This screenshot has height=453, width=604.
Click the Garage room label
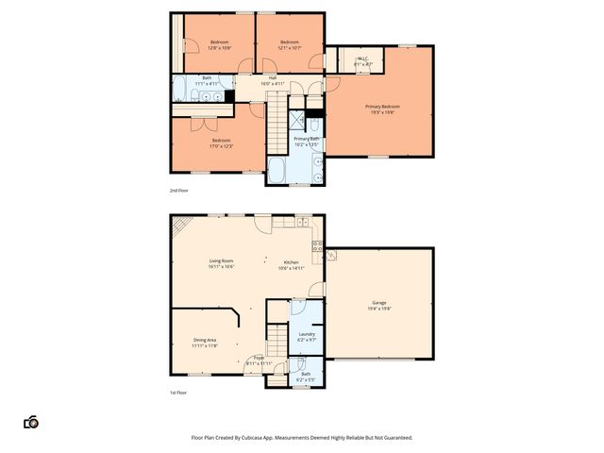tap(378, 303)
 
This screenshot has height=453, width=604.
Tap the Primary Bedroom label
tap(382, 107)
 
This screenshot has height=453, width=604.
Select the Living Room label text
tap(221, 260)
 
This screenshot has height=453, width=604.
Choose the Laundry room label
tap(307, 333)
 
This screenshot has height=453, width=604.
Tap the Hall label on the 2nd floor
tap(272, 77)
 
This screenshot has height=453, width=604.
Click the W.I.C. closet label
tap(362, 59)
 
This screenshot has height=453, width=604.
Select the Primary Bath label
tap(307, 139)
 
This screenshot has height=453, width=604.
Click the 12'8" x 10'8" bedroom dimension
tap(219, 47)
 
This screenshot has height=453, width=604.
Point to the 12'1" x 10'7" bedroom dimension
tap(289, 47)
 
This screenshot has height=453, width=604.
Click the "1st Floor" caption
tap(177, 393)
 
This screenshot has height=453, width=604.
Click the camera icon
tap(31, 423)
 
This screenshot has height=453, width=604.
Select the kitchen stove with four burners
tap(318, 250)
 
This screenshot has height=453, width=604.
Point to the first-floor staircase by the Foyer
tap(276, 337)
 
